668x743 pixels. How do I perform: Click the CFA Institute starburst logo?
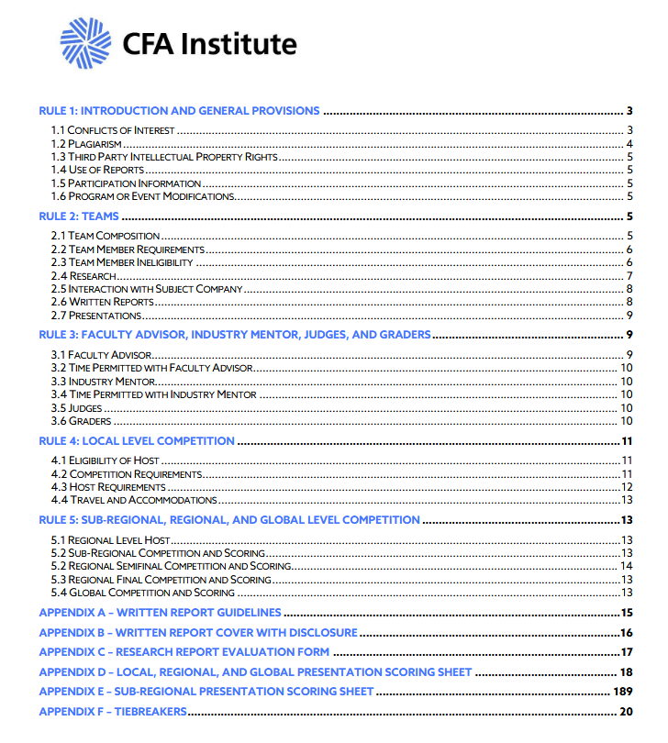[85, 43]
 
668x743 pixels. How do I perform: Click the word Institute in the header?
[239, 44]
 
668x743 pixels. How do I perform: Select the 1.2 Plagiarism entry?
[87, 144]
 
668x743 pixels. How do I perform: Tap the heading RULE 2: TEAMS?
[79, 216]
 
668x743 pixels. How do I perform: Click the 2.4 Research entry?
[82, 276]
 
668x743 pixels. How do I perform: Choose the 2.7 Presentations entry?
[96, 316]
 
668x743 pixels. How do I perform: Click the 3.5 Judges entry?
[77, 408]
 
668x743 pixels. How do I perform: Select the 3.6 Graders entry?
[81, 421]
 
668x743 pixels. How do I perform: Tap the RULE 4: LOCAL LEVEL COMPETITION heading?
[137, 441]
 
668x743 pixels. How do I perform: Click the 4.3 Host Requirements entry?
[108, 487]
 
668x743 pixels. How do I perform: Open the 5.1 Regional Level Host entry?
[111, 540]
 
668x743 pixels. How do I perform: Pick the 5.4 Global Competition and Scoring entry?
[143, 593]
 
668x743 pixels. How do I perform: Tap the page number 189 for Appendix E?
[624, 691]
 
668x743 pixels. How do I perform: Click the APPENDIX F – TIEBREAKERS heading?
[112, 712]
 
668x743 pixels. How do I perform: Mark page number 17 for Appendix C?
[628, 652]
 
